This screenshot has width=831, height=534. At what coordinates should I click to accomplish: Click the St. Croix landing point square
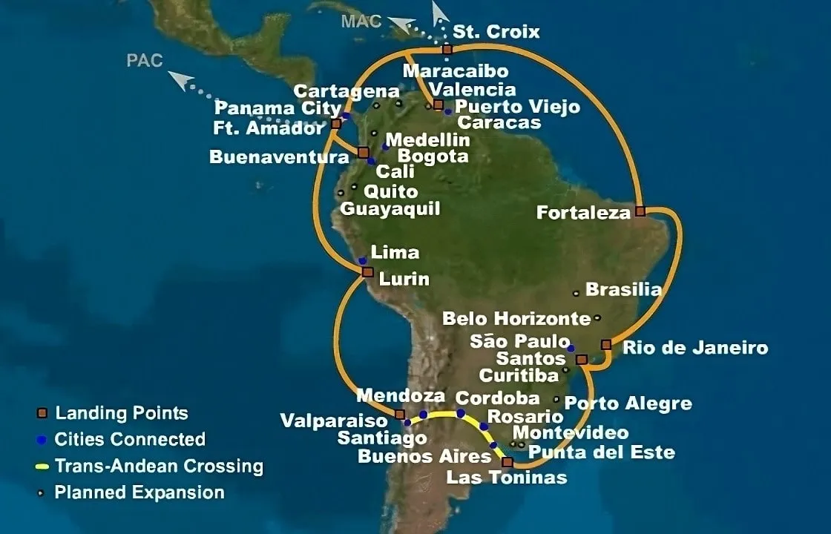(447, 50)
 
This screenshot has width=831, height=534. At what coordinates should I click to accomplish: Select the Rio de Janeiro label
(694, 347)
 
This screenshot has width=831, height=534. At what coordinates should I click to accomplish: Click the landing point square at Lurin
(367, 272)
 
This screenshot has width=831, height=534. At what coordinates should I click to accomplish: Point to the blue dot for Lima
(362, 260)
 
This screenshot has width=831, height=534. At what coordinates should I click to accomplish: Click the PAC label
(145, 61)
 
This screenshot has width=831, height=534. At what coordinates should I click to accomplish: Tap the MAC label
(361, 21)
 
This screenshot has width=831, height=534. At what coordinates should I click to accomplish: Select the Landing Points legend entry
(122, 413)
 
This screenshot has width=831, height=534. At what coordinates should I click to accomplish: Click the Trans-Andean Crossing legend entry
(159, 467)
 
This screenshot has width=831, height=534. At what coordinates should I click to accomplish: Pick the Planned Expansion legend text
(139, 492)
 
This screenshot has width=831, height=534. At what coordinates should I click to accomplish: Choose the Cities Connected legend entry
(130, 439)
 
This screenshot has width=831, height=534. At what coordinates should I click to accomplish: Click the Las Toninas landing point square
(507, 462)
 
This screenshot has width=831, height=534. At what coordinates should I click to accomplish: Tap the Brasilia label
(623, 289)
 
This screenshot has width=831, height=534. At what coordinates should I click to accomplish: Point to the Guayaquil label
(390, 208)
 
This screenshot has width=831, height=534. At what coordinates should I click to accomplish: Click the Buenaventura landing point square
(364, 152)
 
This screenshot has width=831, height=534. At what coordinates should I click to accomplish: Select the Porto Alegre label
(628, 403)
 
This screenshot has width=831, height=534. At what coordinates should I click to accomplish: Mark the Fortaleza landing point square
(640, 211)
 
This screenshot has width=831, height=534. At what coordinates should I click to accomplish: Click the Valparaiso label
(334, 421)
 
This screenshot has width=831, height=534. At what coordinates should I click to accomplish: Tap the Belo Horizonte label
(516, 319)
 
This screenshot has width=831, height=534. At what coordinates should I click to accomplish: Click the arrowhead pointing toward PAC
(176, 75)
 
